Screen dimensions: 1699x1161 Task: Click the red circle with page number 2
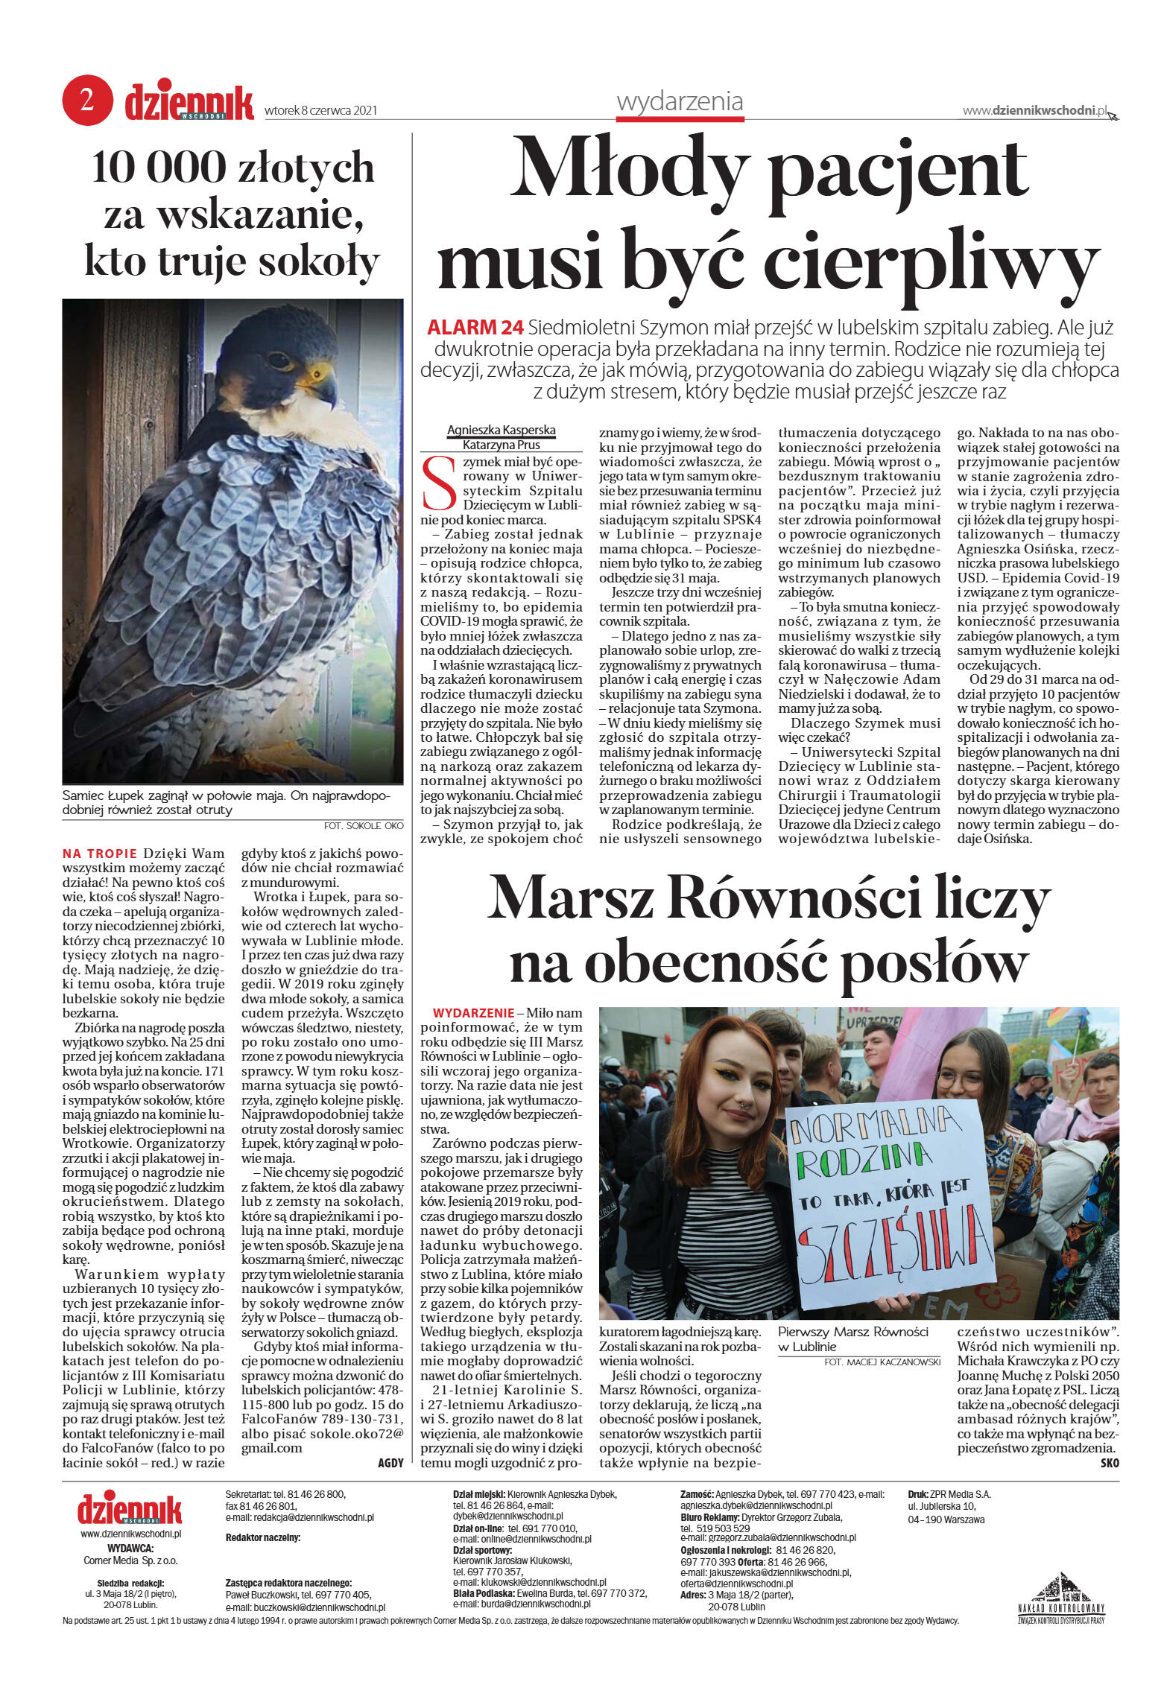pyautogui.click(x=87, y=101)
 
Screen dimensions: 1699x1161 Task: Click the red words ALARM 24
pyautogui.click(x=475, y=328)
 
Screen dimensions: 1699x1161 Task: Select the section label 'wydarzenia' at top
pyautogui.click(x=680, y=101)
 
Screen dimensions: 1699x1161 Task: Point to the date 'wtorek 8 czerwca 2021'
pyautogui.click(x=320, y=111)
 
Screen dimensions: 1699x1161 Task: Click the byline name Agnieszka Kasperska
pyautogui.click(x=501, y=431)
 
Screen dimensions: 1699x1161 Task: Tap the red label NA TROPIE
pyautogui.click(x=99, y=854)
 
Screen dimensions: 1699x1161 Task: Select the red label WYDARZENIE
pyautogui.click(x=473, y=1013)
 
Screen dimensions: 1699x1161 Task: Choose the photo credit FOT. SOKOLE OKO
pyautogui.click(x=363, y=825)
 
